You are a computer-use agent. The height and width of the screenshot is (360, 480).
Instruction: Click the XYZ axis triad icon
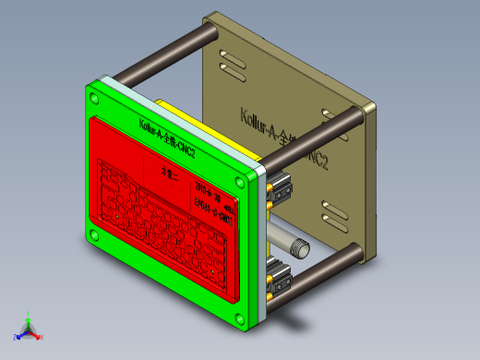[28, 328]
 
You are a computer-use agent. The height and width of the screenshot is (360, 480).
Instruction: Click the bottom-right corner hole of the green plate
[241, 320]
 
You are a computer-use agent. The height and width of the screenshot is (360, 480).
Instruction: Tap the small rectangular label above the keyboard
[168, 172]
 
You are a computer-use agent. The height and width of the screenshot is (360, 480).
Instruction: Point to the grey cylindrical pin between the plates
[298, 245]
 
